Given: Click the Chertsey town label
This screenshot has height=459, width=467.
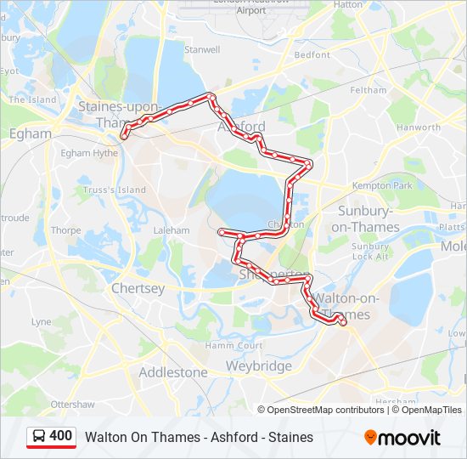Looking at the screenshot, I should tap(138, 289).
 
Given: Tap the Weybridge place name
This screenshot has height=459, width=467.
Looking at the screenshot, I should tap(258, 366).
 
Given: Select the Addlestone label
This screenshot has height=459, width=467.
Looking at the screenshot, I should tap(172, 372).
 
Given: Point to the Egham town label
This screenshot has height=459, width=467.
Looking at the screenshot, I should tap(30, 133).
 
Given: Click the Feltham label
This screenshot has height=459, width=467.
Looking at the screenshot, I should tap(368, 89).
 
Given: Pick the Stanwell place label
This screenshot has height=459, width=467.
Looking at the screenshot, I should tap(202, 50).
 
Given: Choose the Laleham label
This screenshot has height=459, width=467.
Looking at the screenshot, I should tap(171, 230).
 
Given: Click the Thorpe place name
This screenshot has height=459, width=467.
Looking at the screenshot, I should tap(65, 230).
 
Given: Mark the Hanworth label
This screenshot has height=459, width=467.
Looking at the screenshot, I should tap(418, 127).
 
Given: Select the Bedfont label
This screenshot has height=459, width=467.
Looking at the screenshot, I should tap(312, 55).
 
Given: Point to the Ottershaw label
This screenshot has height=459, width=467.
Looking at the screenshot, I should tap(72, 404).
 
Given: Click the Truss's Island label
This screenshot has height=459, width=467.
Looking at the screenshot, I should tap(115, 190).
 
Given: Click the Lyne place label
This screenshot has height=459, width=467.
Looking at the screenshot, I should tap(41, 322).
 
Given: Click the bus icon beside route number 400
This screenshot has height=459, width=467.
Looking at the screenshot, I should tap(39, 437).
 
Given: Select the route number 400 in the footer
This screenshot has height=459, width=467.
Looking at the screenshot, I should tap(60, 436).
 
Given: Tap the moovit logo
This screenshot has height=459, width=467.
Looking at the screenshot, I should tap(402, 437).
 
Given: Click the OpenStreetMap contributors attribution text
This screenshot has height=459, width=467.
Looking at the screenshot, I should tap(326, 410).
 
